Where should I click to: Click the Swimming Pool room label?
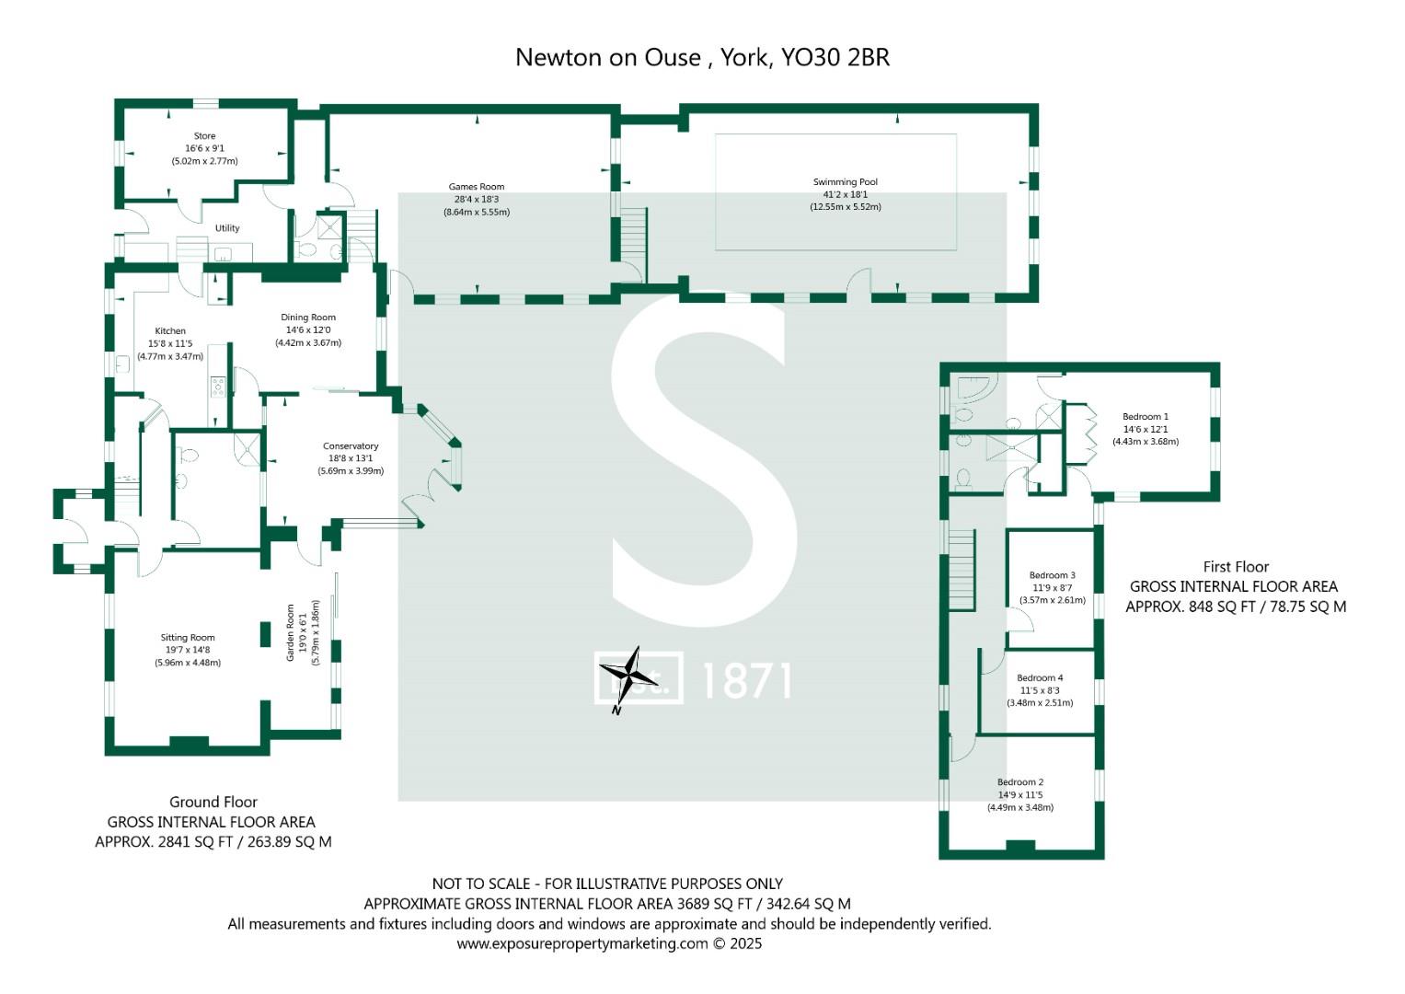coord(845,182)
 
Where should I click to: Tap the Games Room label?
coord(478,187)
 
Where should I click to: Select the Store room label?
coord(204,136)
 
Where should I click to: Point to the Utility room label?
coord(227,228)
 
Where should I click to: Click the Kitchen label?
coord(170,331)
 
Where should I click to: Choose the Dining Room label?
coord(308,318)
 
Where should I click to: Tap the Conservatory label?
coord(351,446)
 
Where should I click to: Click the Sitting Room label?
coord(188,638)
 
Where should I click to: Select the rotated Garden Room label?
coord(291,632)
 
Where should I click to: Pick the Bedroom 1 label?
coord(1146,417)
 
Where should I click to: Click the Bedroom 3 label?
coord(1052,575)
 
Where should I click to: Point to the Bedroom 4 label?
coord(1040,678)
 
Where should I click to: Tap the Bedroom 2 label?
coord(1020,782)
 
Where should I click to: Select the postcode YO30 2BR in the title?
coord(835,57)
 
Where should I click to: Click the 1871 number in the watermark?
coord(746,681)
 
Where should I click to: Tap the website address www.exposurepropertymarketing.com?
coord(582,943)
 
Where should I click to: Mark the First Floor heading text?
coord(1236,567)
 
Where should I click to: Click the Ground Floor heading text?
coord(213,802)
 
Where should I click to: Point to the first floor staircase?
coord(962,570)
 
